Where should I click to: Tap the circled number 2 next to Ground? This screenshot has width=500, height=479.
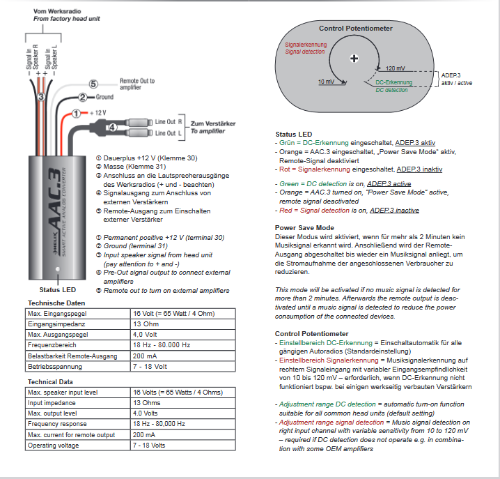(x=82, y=97)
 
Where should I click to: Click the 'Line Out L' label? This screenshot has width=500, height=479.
(x=169, y=132)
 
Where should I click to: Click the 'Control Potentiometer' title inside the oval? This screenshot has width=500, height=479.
(x=355, y=29)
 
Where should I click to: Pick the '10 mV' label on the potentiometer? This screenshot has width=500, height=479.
(x=326, y=82)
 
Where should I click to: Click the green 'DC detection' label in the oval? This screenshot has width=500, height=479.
(x=391, y=90)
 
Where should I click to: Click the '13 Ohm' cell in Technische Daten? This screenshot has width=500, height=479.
(x=146, y=324)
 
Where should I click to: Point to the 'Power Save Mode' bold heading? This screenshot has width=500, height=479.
(x=304, y=227)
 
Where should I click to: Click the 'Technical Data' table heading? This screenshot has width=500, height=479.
(x=50, y=382)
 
